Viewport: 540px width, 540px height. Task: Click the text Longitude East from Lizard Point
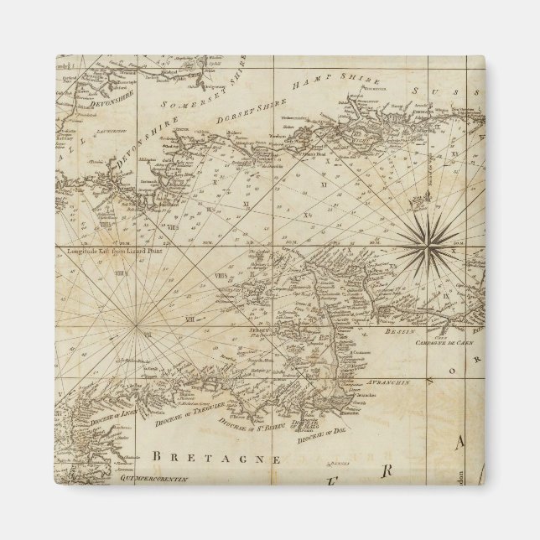(107, 247)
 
